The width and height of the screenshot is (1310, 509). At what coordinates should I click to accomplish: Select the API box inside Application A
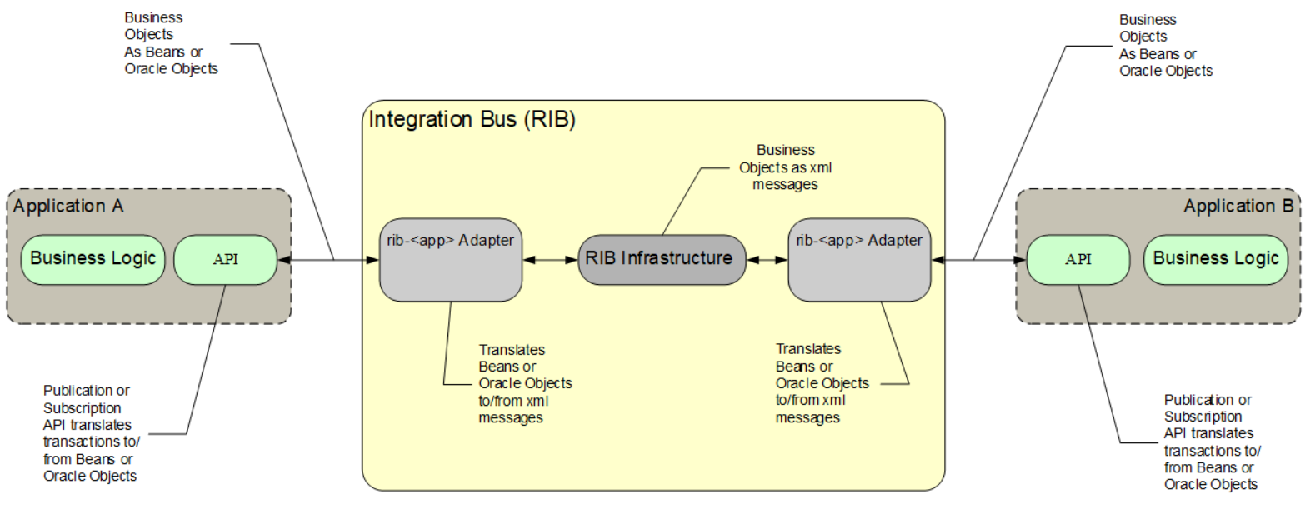(x=225, y=259)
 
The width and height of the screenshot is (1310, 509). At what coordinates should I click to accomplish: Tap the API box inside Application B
(x=1077, y=259)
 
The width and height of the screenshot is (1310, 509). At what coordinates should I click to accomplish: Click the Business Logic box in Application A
(x=92, y=259)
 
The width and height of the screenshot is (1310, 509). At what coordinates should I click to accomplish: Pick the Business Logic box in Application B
(x=1215, y=259)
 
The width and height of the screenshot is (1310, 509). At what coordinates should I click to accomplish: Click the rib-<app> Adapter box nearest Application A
(x=450, y=260)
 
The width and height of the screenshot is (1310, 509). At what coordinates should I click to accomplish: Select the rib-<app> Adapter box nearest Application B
(x=858, y=260)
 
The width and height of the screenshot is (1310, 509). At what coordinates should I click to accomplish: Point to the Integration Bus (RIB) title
(x=472, y=119)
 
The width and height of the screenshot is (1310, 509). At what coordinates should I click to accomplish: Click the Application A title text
(x=68, y=206)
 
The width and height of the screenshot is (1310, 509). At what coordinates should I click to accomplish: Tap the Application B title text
(x=1237, y=206)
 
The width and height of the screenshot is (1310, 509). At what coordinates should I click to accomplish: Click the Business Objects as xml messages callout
(x=785, y=167)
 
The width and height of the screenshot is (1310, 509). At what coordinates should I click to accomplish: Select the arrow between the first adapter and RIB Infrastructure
(x=550, y=260)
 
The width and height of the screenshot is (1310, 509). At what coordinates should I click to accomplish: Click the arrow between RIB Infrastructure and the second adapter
(x=767, y=260)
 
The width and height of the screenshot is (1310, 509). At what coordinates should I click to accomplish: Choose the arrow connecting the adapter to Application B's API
(x=979, y=260)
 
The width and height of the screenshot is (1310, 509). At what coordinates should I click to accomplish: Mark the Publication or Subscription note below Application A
(x=90, y=433)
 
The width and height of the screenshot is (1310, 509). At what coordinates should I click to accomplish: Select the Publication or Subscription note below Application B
(x=1211, y=442)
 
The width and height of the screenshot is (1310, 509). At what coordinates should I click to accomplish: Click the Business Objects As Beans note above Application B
(x=1164, y=45)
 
